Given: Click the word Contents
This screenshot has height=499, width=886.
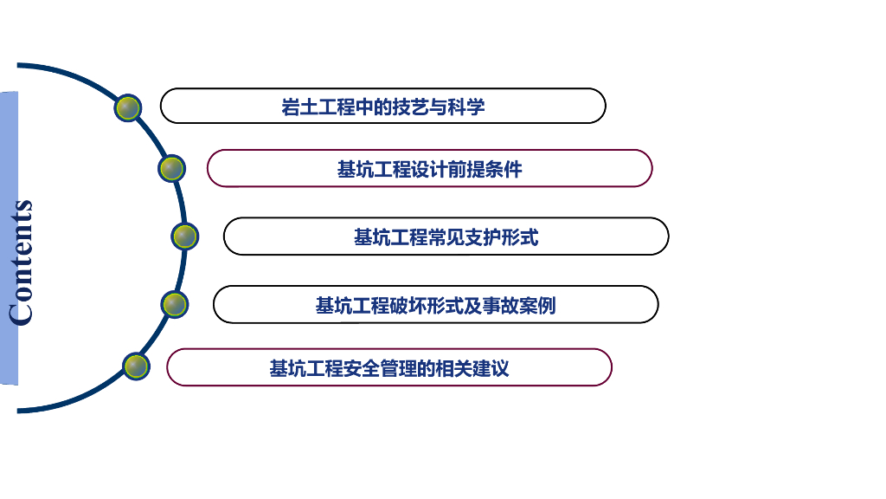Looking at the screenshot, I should point(21,262).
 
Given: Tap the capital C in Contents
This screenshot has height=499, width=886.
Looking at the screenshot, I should point(21,312).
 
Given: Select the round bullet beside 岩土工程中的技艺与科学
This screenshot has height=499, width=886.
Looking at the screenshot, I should point(128,107).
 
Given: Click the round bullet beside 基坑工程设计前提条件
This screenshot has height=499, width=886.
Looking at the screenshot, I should point(172,168).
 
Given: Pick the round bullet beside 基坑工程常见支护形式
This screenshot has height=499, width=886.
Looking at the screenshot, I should point(185,236).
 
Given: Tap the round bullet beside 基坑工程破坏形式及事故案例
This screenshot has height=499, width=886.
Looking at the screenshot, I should point(175,304).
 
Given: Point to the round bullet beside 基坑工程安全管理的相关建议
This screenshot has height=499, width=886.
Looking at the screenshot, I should point(136,366).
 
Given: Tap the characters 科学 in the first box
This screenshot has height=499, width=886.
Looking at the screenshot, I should point(470,107).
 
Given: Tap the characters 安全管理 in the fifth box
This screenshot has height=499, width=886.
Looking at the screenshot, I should point(381,368).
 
